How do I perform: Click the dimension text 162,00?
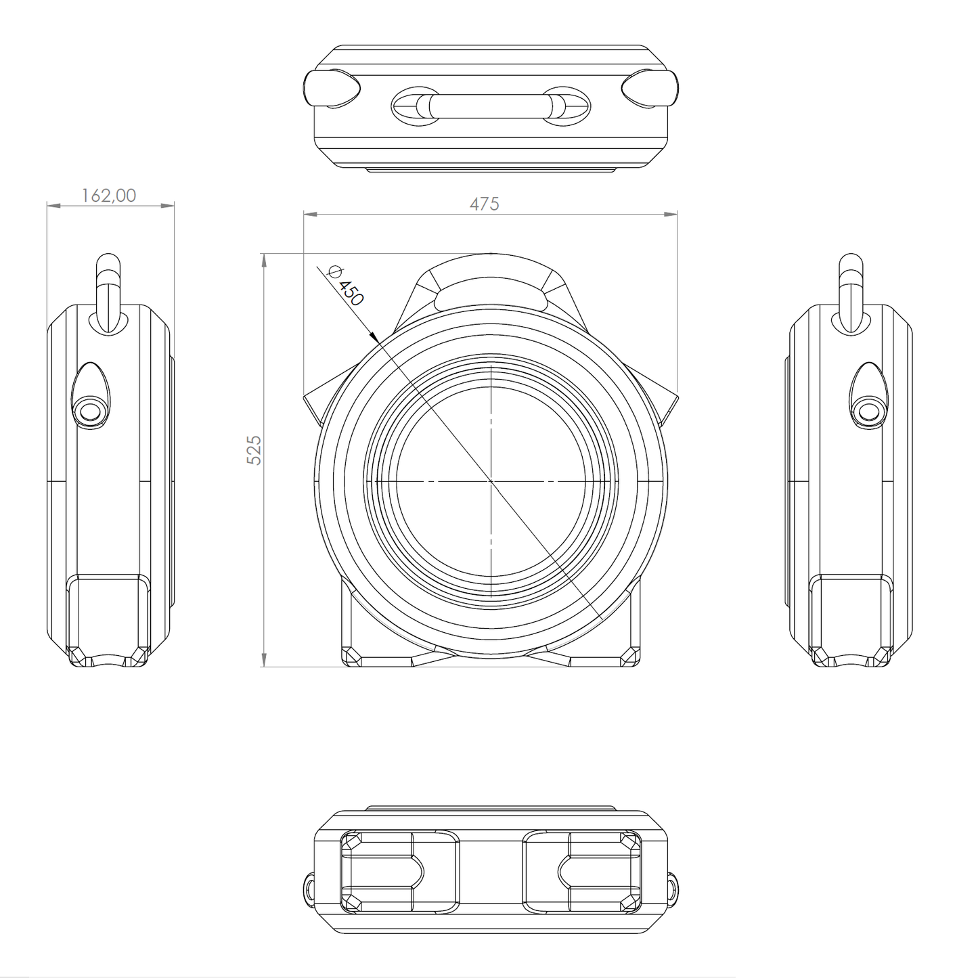(x=109, y=195)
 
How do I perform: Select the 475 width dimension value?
(x=485, y=203)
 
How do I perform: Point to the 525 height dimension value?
(x=254, y=449)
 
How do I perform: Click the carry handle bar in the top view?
(x=491, y=106)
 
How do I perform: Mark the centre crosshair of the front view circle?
(x=491, y=481)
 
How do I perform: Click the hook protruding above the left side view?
(x=108, y=291)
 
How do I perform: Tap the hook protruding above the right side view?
(x=850, y=291)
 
